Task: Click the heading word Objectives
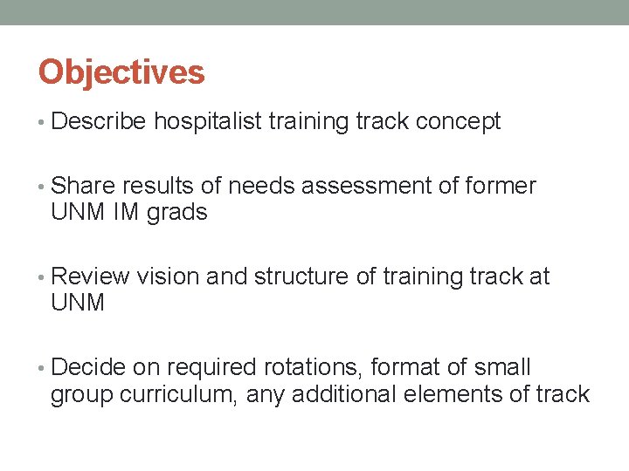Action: coord(121,72)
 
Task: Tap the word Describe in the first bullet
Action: coord(99,122)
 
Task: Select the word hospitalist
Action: coord(208,122)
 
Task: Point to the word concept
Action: coord(458,122)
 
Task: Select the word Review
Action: coord(91,277)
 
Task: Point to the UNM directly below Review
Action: coord(78,304)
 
